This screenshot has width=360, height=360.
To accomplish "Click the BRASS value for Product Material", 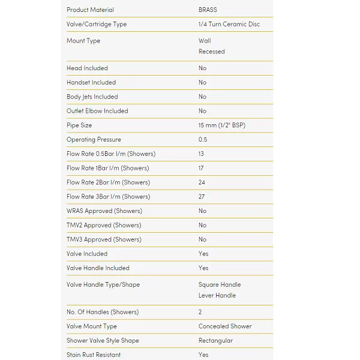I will [208, 10].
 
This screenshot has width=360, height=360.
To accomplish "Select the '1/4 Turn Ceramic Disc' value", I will [229, 25].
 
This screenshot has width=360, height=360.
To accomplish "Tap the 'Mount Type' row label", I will [83, 41].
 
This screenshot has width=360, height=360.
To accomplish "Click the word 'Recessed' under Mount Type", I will [211, 52].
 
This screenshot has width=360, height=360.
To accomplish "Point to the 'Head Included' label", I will [87, 68].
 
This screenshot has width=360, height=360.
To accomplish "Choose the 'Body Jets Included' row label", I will [92, 97].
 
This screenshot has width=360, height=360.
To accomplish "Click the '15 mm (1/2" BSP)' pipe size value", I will [221, 125].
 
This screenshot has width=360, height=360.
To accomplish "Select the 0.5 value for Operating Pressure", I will [203, 140].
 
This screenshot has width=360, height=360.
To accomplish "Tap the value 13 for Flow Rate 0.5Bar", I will [202, 154].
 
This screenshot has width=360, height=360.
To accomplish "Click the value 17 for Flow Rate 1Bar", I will [202, 168].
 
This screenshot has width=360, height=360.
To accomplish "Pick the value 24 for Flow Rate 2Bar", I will [202, 182].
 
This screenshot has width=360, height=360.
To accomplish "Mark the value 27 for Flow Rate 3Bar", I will [202, 197].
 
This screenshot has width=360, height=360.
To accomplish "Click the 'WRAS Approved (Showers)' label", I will [104, 211].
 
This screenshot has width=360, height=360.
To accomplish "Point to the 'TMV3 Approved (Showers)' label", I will [104, 239].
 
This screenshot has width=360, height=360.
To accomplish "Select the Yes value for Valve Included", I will [203, 254].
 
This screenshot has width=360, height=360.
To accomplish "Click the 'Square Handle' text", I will [220, 285].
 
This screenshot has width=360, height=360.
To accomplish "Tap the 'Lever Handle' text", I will [217, 295].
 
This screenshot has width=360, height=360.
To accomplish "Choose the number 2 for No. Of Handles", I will [200, 312].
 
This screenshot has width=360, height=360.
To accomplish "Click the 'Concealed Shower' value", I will [225, 326].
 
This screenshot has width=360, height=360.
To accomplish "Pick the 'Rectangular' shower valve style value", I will [215, 341].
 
